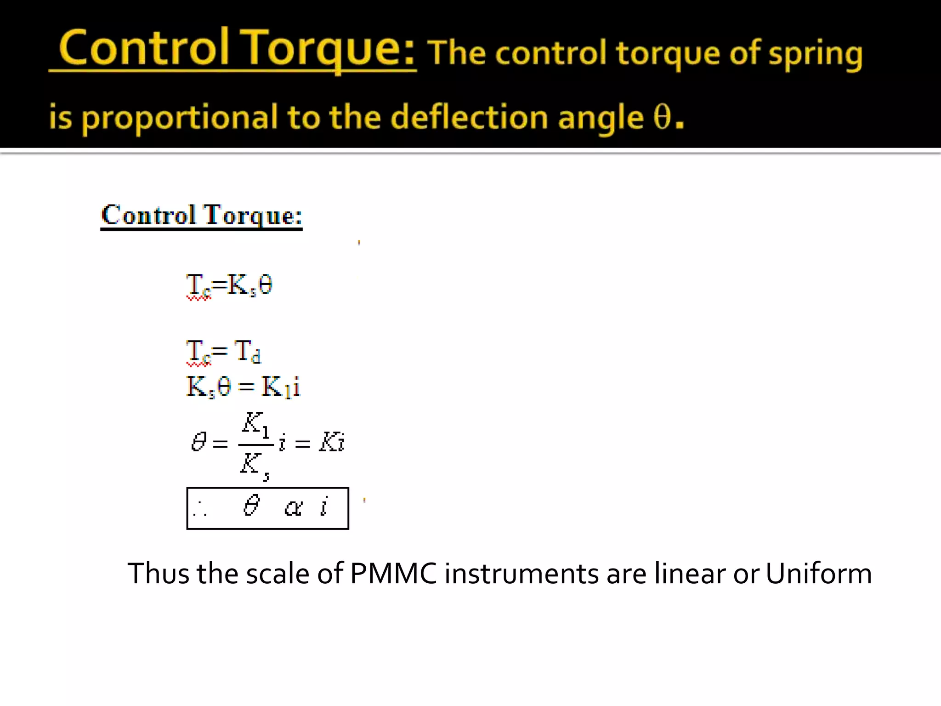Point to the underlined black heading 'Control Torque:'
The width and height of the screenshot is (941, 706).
pos(201,215)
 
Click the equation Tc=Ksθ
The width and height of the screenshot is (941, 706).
pos(229,285)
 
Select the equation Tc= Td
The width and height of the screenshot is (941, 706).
pos(224,352)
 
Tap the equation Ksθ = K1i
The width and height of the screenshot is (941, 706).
pos(243,387)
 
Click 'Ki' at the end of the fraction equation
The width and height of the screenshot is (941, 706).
pos(332,442)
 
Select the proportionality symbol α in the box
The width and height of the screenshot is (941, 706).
pos(293,507)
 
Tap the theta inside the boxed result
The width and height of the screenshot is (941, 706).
pos(251,506)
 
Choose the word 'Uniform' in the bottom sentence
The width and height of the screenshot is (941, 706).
pos(818,574)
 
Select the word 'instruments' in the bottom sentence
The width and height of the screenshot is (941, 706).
pos(522,574)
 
